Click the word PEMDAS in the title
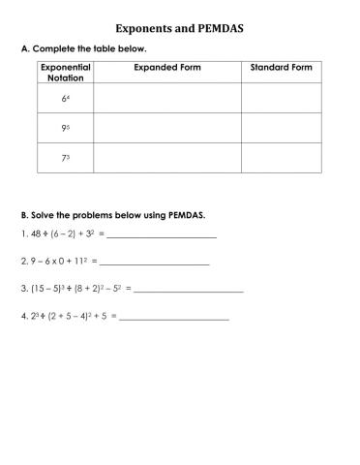tap(218, 29)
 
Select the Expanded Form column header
tap(167, 67)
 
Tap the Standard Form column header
tap(281, 67)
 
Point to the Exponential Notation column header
tap(65, 72)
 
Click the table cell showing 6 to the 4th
tap(65, 99)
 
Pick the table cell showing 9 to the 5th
tap(65, 128)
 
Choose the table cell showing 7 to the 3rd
tap(65, 158)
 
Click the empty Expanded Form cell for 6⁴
tap(166, 99)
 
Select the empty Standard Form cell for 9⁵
tap(281, 128)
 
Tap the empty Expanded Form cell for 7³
tap(166, 158)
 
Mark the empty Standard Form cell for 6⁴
tap(281, 99)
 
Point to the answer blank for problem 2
tap(155, 263)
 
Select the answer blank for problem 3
tap(189, 290)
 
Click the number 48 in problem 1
tap(36, 234)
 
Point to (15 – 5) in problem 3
tap(45, 289)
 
